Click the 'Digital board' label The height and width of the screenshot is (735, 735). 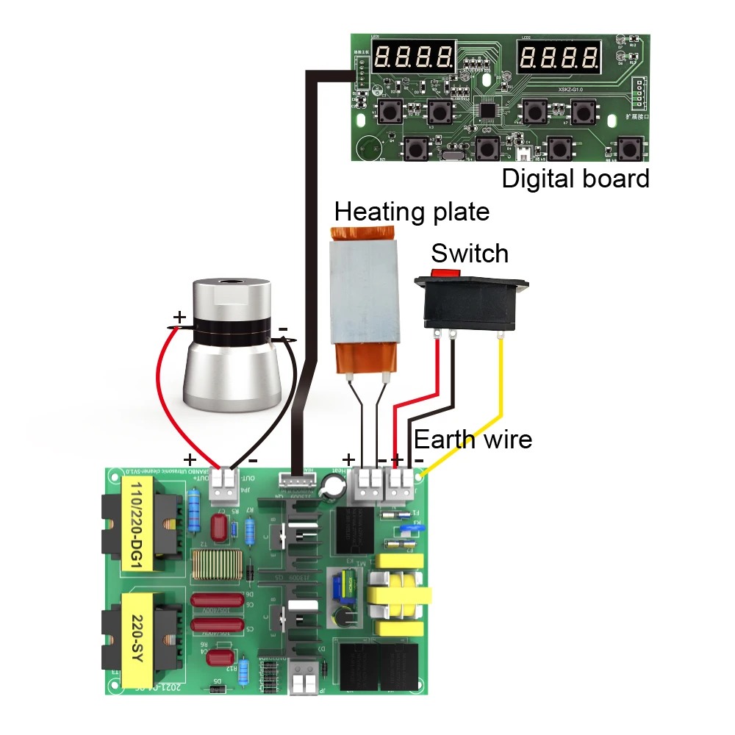(576, 179)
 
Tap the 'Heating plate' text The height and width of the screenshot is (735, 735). (412, 212)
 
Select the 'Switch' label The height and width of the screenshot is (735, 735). (470, 254)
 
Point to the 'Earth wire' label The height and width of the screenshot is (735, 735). (473, 440)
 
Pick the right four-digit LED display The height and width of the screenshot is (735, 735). (558, 55)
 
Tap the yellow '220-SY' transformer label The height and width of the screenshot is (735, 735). (135, 637)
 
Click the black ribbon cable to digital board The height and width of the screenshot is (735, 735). (309, 257)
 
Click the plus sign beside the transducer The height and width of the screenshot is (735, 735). (179, 318)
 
